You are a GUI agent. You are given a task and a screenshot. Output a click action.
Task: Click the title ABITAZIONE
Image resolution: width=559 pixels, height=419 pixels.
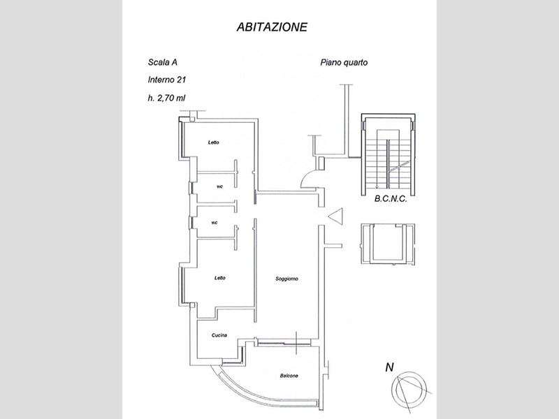(272, 27)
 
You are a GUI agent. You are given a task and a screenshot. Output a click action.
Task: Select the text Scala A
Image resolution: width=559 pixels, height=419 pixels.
(163, 62)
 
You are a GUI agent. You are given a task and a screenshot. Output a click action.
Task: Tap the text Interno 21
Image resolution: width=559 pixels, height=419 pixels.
(167, 80)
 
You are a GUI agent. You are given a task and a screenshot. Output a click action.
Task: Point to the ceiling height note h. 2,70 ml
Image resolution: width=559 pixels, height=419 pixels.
(166, 98)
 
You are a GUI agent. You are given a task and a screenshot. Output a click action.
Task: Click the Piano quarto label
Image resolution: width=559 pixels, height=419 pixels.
(344, 63)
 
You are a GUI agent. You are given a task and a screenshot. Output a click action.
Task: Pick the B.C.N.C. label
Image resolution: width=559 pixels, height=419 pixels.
(391, 199)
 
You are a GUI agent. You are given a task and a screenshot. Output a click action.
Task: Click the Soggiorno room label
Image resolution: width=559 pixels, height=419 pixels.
(286, 279)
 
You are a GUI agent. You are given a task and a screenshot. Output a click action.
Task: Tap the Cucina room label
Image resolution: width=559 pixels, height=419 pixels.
(219, 335)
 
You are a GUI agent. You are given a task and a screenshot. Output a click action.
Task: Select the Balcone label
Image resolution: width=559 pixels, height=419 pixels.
(289, 376)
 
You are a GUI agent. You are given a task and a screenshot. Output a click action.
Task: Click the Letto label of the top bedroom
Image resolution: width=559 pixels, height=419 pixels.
(214, 142)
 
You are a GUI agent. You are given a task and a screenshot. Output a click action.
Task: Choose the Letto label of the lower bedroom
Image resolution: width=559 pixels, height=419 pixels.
(220, 277)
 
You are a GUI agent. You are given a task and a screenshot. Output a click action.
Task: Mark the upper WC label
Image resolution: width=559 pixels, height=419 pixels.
(219, 187)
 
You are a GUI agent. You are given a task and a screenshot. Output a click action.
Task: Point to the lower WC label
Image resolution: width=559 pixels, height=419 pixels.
(215, 223)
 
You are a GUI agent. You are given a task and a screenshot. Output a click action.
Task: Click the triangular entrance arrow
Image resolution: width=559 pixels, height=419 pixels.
(335, 216)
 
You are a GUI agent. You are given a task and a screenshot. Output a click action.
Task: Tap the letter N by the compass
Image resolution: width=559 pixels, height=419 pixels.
(389, 367)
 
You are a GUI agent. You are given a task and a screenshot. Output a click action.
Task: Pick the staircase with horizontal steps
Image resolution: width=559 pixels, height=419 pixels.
(389, 154)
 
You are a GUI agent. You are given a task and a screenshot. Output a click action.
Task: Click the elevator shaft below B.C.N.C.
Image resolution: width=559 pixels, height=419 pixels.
(389, 244)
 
